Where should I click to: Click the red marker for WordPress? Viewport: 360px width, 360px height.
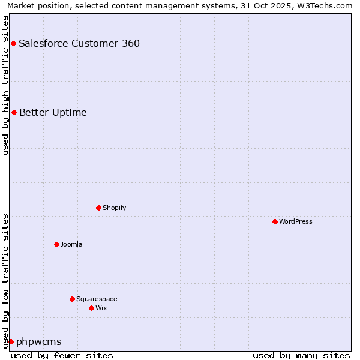tap(275, 221)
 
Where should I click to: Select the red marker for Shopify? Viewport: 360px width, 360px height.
tap(98, 208)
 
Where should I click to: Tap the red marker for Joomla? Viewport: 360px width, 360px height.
tap(56, 244)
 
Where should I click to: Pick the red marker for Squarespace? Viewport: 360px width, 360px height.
tap(72, 299)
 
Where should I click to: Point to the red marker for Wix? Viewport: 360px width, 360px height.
tap(91, 308)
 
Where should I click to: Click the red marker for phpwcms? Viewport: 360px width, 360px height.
tap(11, 341)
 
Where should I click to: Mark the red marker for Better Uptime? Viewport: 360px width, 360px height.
tap(14, 112)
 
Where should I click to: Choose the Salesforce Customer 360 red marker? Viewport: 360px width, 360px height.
tap(13, 43)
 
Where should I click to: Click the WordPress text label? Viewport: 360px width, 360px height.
tap(296, 221)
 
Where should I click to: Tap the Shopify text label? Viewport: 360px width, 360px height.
tap(115, 208)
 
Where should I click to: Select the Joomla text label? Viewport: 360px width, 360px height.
tap(71, 244)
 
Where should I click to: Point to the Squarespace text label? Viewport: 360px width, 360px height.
tap(97, 299)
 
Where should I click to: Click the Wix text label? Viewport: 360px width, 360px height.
tap(101, 308)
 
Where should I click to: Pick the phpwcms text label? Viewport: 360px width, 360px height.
tap(39, 341)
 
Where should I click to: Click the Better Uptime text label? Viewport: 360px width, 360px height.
tap(53, 112)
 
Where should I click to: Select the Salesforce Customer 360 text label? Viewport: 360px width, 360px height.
tap(79, 43)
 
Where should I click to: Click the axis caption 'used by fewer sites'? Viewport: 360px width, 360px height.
tap(62, 355)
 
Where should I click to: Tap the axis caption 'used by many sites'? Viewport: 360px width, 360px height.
tap(301, 355)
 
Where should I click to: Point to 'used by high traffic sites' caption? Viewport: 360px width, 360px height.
tap(5, 85)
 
